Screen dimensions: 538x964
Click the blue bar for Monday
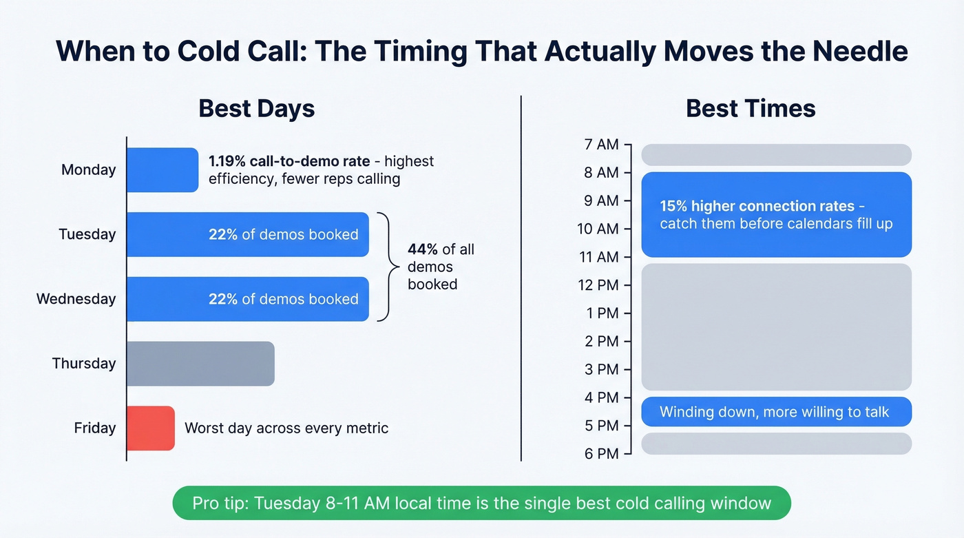coord(163,170)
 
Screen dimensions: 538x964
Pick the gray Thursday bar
coord(200,364)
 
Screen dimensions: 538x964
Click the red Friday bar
coord(151,428)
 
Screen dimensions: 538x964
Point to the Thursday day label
coord(84,364)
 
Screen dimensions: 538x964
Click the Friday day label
coord(95,428)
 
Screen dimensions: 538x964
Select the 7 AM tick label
coord(601,145)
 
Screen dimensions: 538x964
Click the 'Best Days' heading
coord(256,109)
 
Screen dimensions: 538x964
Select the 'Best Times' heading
coord(751,109)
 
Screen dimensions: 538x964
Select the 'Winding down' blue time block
coord(776,412)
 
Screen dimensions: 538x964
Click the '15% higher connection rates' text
coord(757,206)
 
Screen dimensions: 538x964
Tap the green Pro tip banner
coord(481,503)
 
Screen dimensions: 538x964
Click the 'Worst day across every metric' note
coord(286,428)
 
